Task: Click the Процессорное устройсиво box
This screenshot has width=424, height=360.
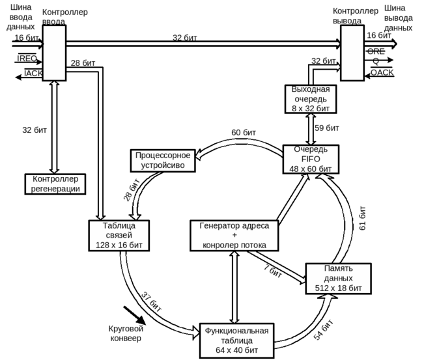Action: click(x=163, y=160)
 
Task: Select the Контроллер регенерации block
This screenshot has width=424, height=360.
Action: click(x=55, y=184)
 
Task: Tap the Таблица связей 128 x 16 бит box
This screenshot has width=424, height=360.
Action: click(x=119, y=236)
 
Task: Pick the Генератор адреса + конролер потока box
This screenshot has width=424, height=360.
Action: click(x=234, y=236)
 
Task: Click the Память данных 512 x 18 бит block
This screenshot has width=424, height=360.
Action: click(x=338, y=278)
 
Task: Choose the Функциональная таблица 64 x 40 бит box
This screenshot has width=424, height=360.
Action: click(x=236, y=340)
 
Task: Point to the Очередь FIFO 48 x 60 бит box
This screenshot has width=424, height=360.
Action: click(x=311, y=159)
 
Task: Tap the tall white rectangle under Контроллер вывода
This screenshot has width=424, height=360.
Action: click(x=352, y=53)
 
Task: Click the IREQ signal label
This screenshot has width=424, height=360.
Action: click(x=26, y=59)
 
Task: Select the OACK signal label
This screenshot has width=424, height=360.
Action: click(x=382, y=72)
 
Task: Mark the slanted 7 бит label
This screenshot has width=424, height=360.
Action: click(x=273, y=271)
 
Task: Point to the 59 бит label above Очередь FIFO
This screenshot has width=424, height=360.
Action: click(x=326, y=128)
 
